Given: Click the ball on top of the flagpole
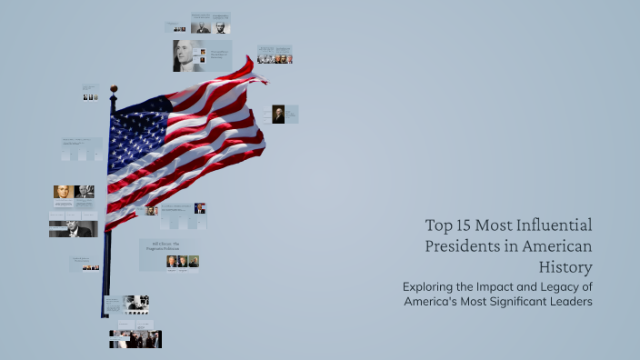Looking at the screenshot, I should click(x=114, y=89).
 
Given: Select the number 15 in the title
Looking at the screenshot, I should click(x=464, y=225).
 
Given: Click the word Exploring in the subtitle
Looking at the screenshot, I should click(x=433, y=286).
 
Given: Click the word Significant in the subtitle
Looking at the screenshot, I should click(x=509, y=302).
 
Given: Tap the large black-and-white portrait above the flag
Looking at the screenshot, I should click(x=187, y=55).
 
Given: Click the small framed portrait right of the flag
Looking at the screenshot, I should click(x=278, y=114).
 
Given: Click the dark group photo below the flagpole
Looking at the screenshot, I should click(x=135, y=339).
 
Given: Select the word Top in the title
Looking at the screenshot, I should click(x=438, y=225).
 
